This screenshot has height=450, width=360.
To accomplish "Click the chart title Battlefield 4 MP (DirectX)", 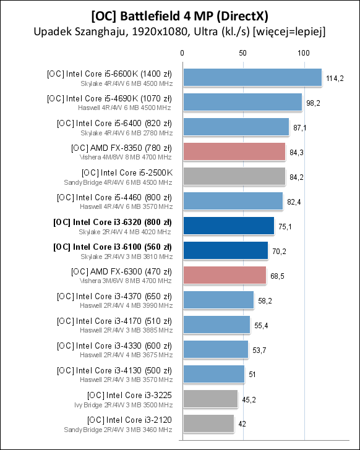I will coord(179,14).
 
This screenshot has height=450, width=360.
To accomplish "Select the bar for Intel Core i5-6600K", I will coord(251,77).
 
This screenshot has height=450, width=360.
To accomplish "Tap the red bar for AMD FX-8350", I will coord(233,151).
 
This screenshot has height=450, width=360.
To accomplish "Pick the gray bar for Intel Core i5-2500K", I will coord(233,176).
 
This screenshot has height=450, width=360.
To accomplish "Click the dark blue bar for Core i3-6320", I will coord(228,226).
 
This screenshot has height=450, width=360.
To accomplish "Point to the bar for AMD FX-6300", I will coord(223,275).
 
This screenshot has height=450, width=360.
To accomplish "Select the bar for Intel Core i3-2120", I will coord(207,423).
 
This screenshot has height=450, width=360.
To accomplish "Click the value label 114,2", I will coord(335,79).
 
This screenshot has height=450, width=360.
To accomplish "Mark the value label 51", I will coord(254,375).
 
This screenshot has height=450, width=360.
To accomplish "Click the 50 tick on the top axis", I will coord(242,54).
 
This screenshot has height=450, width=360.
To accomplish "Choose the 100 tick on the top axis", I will coord(304,54).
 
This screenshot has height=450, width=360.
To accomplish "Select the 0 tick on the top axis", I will coord(182,54).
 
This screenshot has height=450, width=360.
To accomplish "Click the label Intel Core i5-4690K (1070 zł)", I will coord(109,98).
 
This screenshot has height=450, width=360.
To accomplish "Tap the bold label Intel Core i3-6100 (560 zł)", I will coord(113,247).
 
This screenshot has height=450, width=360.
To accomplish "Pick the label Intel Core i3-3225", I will coord(129,395).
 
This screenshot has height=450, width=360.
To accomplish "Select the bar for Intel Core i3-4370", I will coord(218,300).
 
